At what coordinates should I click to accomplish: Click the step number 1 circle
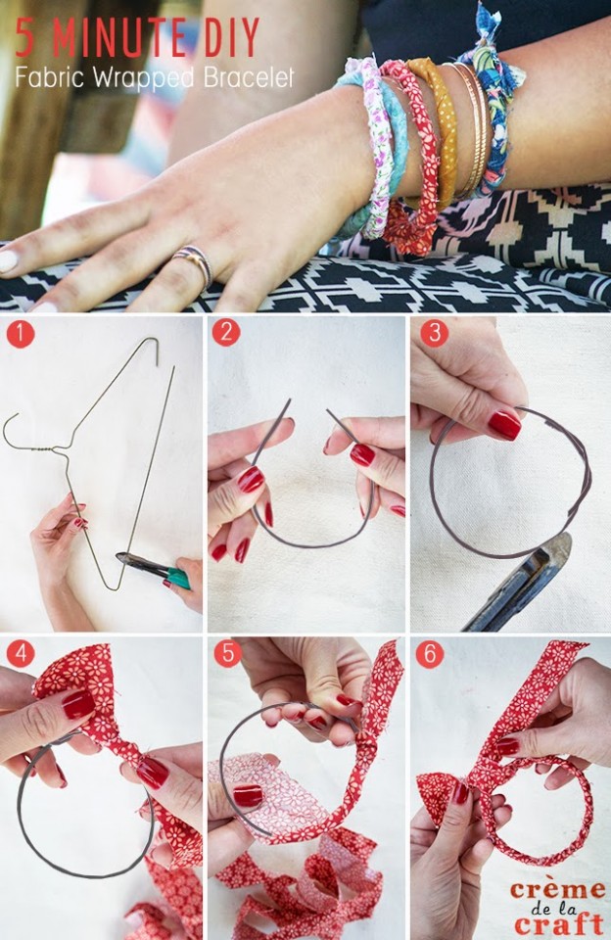(x=20, y=334)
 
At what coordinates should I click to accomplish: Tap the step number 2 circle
(x=226, y=332)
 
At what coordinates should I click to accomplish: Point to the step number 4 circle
(x=20, y=653)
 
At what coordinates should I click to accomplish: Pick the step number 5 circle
(x=226, y=653)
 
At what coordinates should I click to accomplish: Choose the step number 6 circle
(x=429, y=653)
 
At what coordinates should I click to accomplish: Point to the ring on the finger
(x=193, y=263)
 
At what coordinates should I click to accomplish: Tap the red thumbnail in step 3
(x=504, y=424)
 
